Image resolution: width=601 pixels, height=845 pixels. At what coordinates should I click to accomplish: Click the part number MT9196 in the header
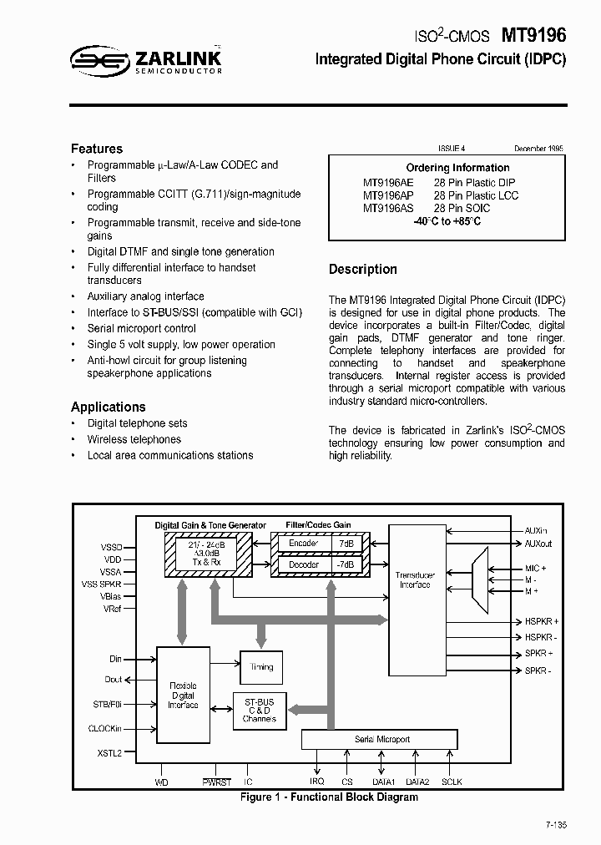(533, 36)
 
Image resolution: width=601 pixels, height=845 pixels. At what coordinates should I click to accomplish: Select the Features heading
(97, 149)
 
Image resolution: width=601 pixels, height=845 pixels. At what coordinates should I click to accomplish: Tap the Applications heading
(109, 407)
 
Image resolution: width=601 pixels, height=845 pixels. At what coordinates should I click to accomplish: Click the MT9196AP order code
(387, 195)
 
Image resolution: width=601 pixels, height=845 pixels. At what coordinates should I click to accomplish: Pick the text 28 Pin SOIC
(462, 208)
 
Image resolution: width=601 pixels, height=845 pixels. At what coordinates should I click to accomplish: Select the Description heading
(362, 269)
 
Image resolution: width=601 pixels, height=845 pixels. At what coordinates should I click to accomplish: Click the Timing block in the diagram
(261, 667)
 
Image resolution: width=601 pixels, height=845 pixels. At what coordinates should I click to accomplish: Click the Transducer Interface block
(414, 580)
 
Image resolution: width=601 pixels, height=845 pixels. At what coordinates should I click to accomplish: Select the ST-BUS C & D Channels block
(259, 709)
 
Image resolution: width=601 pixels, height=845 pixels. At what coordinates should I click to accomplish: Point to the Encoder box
(304, 543)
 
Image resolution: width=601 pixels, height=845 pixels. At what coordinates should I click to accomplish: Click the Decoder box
(304, 564)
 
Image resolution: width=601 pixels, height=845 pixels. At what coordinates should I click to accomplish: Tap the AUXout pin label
(538, 544)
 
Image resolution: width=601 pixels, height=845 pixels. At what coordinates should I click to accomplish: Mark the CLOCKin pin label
(105, 728)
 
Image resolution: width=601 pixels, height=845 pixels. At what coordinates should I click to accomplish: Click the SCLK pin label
(452, 782)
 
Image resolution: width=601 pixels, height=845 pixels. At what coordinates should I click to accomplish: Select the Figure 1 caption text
(329, 797)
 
